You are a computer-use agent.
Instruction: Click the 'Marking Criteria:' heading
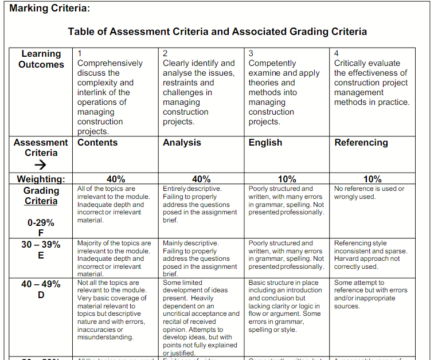tap(50, 9)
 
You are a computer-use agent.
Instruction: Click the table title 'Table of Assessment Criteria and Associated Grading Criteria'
tap(217, 32)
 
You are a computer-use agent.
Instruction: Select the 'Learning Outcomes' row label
tap(41, 59)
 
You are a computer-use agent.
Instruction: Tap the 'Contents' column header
tap(97, 142)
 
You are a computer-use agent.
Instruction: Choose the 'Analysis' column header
tap(182, 142)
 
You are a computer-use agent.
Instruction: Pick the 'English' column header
tap(265, 142)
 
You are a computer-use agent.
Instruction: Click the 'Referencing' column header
tap(361, 142)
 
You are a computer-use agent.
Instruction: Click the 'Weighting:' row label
tap(41, 179)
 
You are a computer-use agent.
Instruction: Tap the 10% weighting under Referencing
tap(372, 179)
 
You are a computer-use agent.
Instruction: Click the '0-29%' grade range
tap(41, 222)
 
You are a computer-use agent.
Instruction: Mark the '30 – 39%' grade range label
tap(41, 244)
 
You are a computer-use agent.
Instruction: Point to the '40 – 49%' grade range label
tap(41, 284)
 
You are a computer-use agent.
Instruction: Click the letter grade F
tap(41, 233)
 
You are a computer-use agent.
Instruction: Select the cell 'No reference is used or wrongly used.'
tap(369, 193)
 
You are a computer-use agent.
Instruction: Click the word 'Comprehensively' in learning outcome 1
tap(110, 63)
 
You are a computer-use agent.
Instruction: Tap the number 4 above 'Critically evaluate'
tap(337, 53)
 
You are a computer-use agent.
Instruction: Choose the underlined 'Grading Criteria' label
tap(41, 195)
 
